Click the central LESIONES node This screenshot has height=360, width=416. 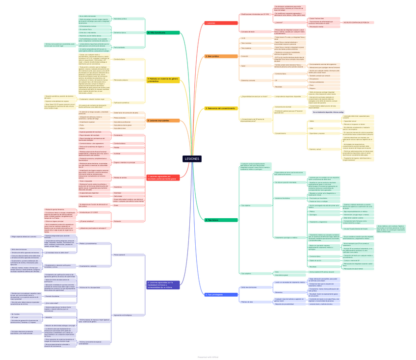(192, 159)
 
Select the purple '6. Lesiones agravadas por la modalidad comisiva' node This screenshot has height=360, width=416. (163, 285)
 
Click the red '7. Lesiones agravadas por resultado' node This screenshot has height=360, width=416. (163, 177)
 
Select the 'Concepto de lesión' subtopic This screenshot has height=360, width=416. (248, 31)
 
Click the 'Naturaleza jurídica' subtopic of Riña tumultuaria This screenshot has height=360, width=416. (120, 19)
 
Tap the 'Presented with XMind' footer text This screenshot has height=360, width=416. (208, 357)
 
